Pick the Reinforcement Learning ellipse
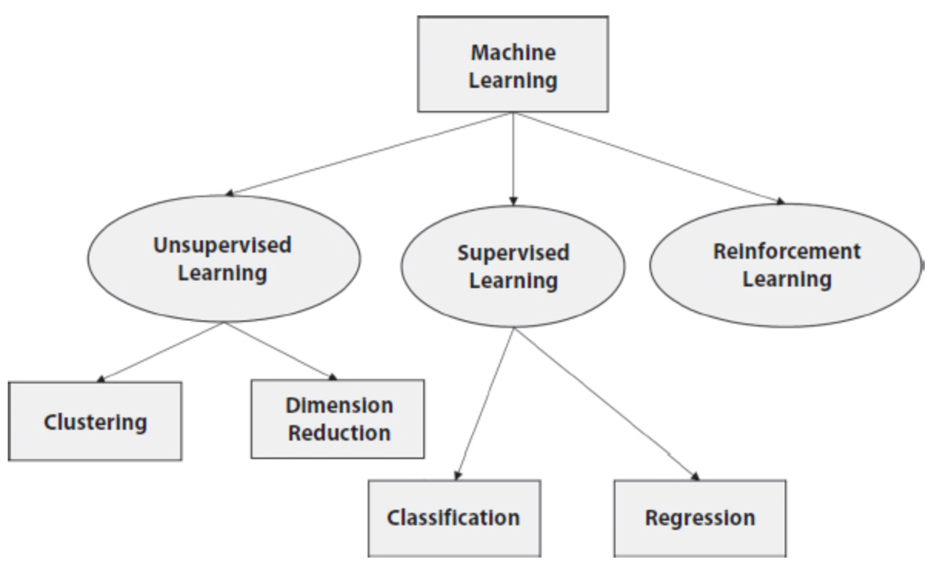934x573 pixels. (786, 264)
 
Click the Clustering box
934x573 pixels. (95, 421)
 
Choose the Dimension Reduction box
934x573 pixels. (338, 419)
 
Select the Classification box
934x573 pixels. (454, 517)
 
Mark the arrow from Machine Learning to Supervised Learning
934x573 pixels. (513, 158)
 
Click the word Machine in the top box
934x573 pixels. (513, 54)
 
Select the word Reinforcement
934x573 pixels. (786, 252)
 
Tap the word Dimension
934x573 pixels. (339, 406)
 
